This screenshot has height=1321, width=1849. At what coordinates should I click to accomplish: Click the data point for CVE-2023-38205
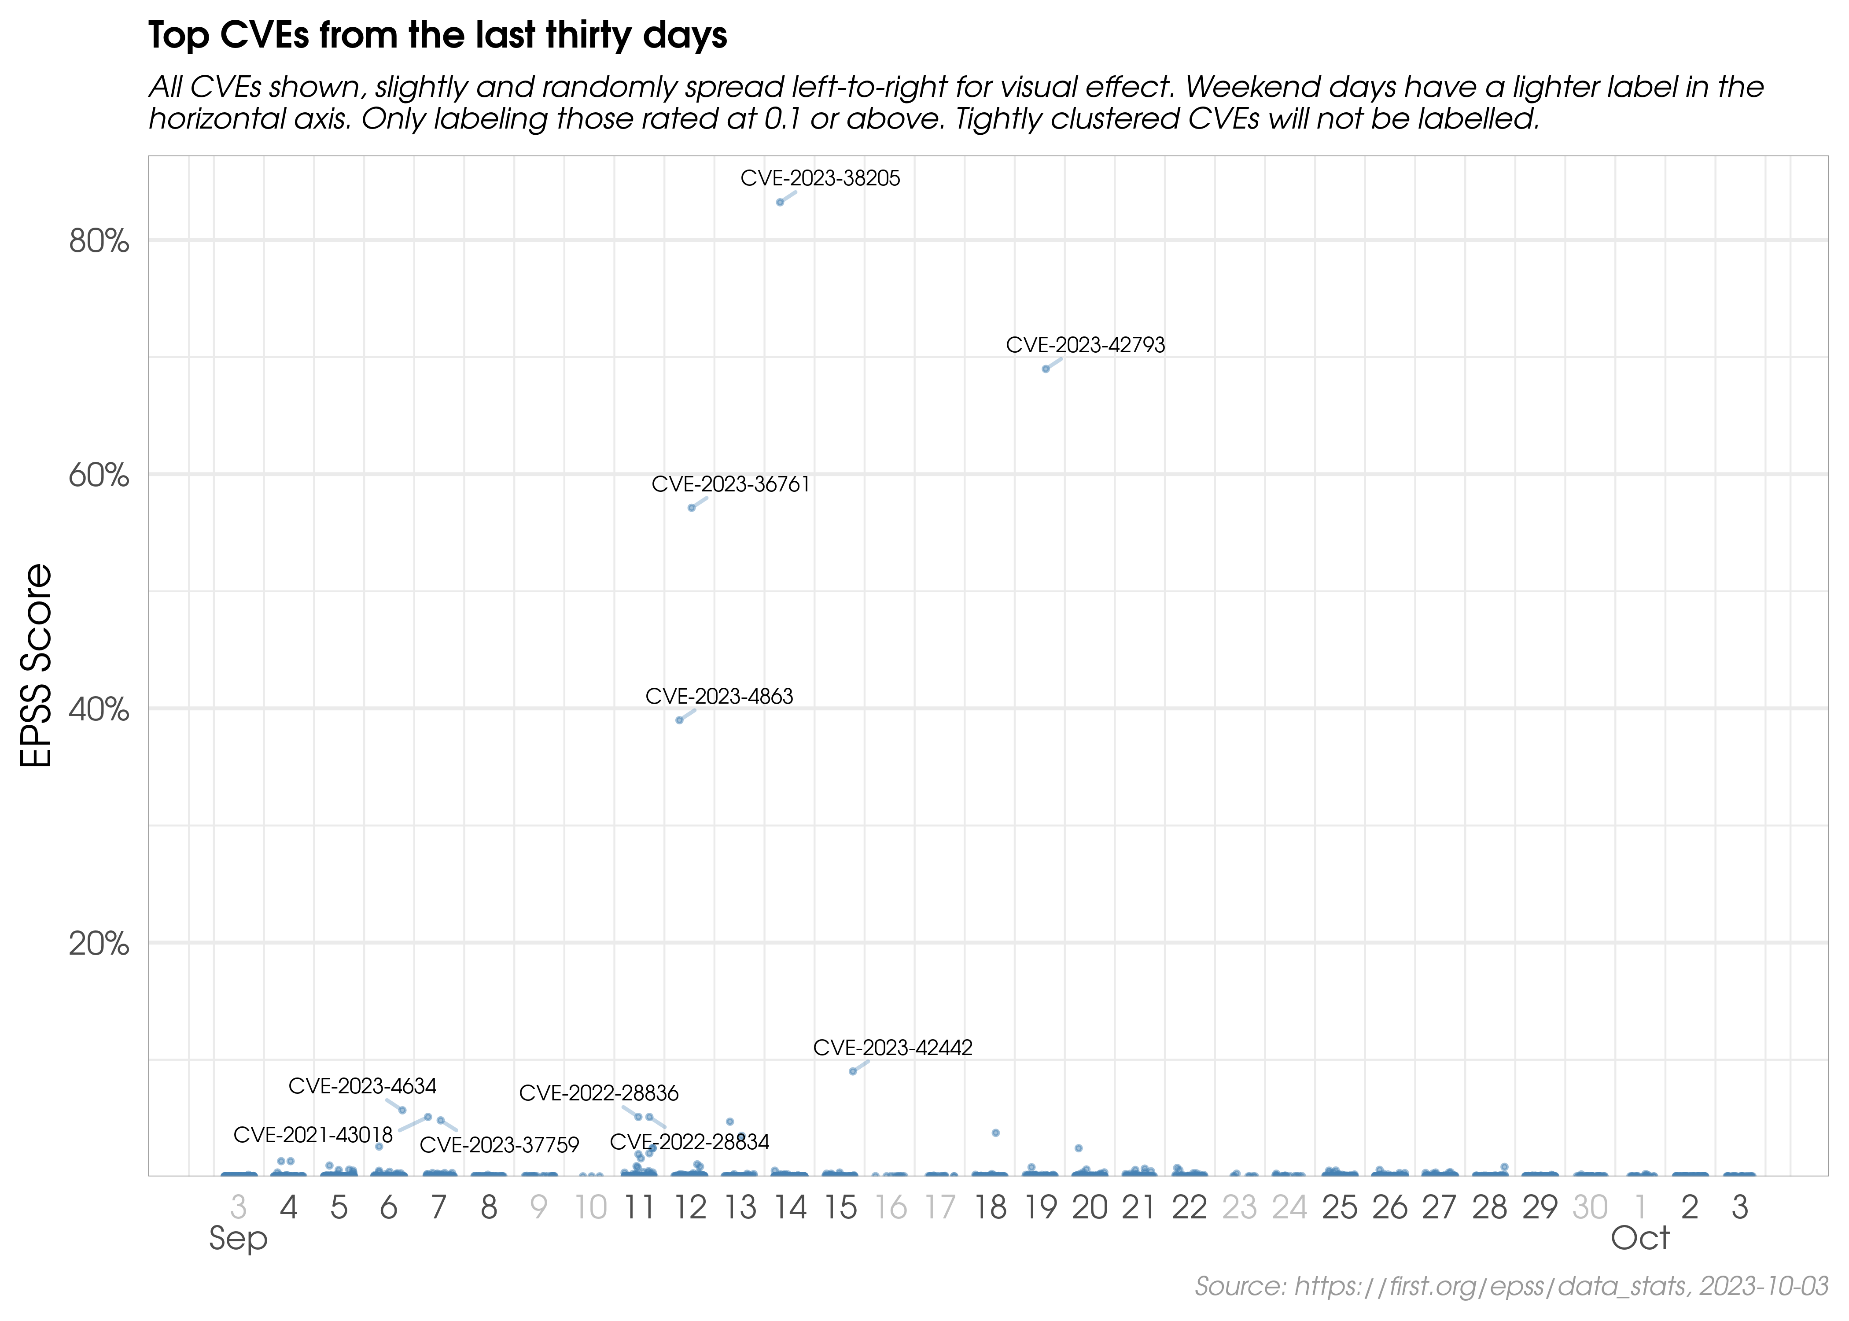pos(780,202)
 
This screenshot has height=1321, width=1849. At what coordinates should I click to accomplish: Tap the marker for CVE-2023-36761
pos(691,508)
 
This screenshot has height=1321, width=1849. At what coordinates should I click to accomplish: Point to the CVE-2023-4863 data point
pos(680,720)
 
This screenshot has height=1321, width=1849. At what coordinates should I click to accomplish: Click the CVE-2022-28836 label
pos(598,1093)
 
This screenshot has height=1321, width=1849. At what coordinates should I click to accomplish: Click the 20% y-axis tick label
pos(98,944)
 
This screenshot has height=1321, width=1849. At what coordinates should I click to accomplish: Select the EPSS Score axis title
pos(37,665)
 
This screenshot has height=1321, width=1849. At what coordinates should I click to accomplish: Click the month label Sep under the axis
pos(237,1239)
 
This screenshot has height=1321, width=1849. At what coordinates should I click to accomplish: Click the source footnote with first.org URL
pos(1511,1286)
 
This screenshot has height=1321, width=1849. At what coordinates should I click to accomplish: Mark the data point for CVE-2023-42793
pos(1046,369)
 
